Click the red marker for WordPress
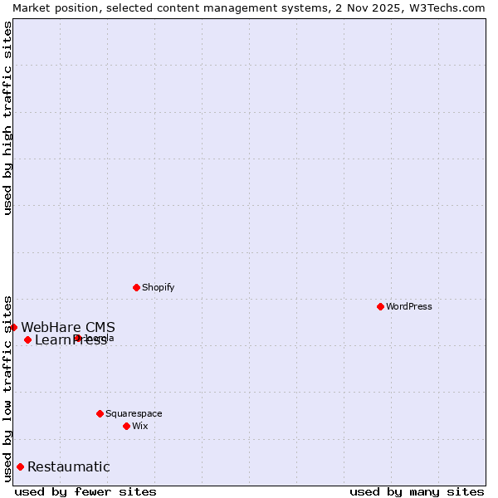click(x=380, y=306)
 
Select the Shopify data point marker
click(x=136, y=287)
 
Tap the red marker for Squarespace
click(x=100, y=413)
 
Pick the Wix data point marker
click(x=126, y=426)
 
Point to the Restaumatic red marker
click(x=20, y=466)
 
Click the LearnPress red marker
click(x=27, y=339)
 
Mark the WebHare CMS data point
click(x=13, y=327)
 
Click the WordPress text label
click(x=409, y=306)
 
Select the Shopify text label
click(x=159, y=287)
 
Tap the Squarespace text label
click(x=134, y=413)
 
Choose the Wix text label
click(x=140, y=426)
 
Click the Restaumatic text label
click(x=69, y=466)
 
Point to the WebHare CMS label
click(x=68, y=327)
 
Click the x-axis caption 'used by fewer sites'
click(x=85, y=491)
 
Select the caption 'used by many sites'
click(x=417, y=491)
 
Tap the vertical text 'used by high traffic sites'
click(x=7, y=118)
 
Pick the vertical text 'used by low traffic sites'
click(x=7, y=388)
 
